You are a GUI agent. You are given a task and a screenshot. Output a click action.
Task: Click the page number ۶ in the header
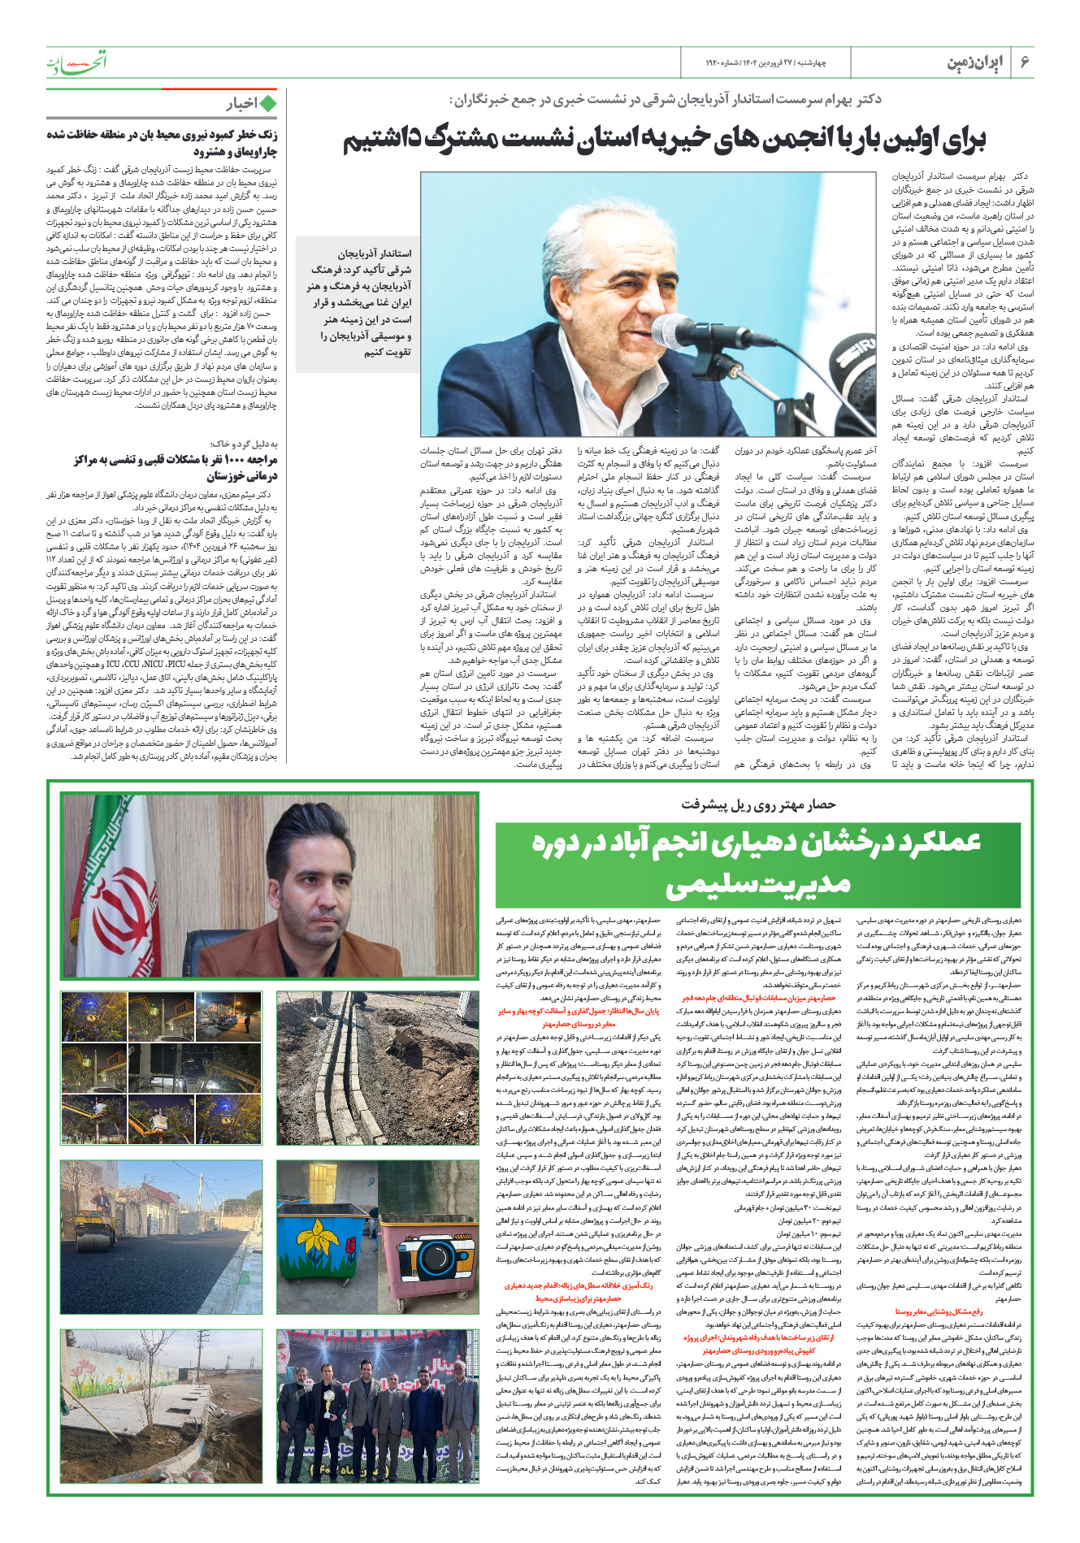click(x=1026, y=63)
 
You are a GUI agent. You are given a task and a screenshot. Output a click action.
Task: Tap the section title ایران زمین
click(x=976, y=63)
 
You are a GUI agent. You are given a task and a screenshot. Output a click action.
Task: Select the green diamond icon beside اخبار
click(x=267, y=103)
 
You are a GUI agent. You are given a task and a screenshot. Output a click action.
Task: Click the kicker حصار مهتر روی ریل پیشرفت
click(x=758, y=804)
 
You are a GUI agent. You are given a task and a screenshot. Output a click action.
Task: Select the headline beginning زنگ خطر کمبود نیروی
click(x=162, y=143)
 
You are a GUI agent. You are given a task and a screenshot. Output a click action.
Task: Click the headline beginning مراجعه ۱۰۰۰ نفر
click(x=175, y=467)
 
